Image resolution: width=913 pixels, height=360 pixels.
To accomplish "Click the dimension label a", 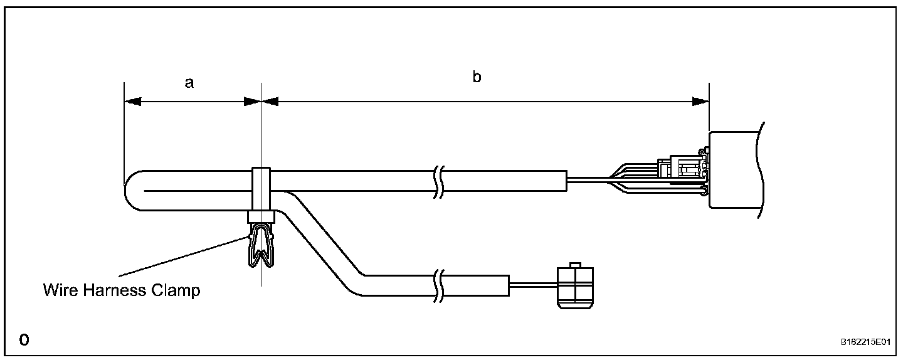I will [x=189, y=83].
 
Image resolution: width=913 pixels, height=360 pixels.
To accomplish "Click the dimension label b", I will [x=477, y=78].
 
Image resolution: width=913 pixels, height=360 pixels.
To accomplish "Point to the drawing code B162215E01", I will [x=865, y=342].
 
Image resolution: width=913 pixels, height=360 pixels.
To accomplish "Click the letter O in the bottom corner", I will [x=24, y=341].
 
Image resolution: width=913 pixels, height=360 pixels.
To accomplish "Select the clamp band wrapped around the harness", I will [x=260, y=188].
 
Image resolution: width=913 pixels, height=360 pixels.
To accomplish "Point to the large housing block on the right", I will [x=734, y=169].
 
